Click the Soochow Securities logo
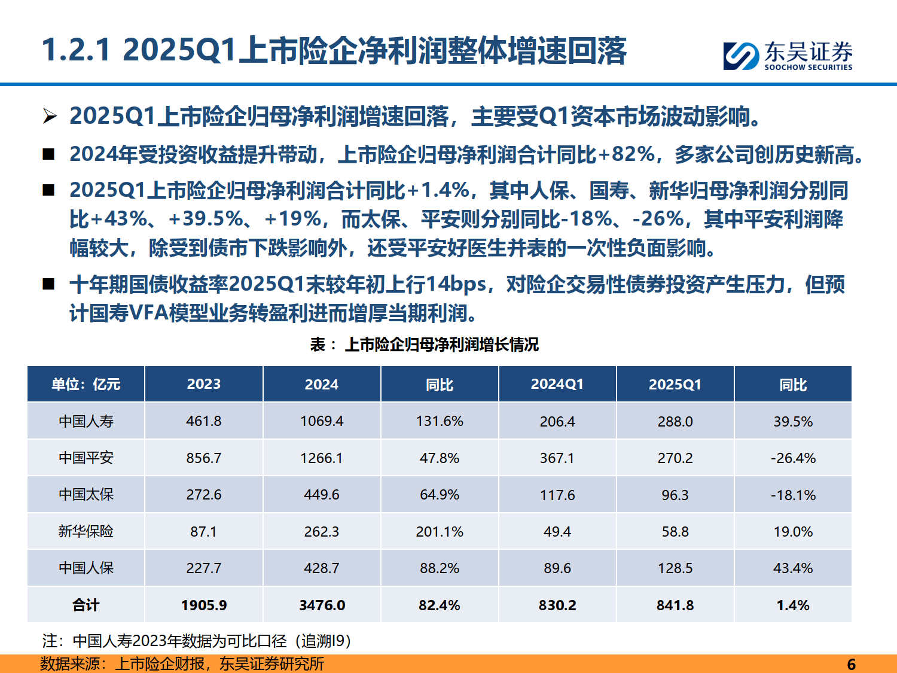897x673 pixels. click(x=788, y=56)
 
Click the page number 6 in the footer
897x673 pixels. click(x=851, y=664)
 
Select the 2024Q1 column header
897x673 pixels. click(x=557, y=384)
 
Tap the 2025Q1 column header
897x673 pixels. click(x=675, y=384)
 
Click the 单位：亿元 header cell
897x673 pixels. click(x=86, y=384)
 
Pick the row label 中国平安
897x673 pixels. click(x=86, y=458)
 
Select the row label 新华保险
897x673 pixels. click(x=86, y=531)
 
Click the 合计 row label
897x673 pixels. click(x=86, y=605)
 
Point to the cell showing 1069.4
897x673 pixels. click(x=322, y=421)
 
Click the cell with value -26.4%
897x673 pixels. click(x=792, y=458)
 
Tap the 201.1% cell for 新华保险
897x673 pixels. click(x=440, y=531)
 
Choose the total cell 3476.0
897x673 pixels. click(x=322, y=605)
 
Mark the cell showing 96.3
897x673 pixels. click(x=675, y=495)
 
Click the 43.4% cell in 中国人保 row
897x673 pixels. click(x=792, y=568)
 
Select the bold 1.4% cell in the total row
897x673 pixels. click(x=792, y=605)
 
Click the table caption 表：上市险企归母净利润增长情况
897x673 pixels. click(x=424, y=345)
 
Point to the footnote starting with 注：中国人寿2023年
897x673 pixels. click(x=197, y=641)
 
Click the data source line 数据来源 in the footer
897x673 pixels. click(x=182, y=664)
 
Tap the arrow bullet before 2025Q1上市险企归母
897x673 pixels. click(x=50, y=116)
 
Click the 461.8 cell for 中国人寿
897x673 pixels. click(x=203, y=421)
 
